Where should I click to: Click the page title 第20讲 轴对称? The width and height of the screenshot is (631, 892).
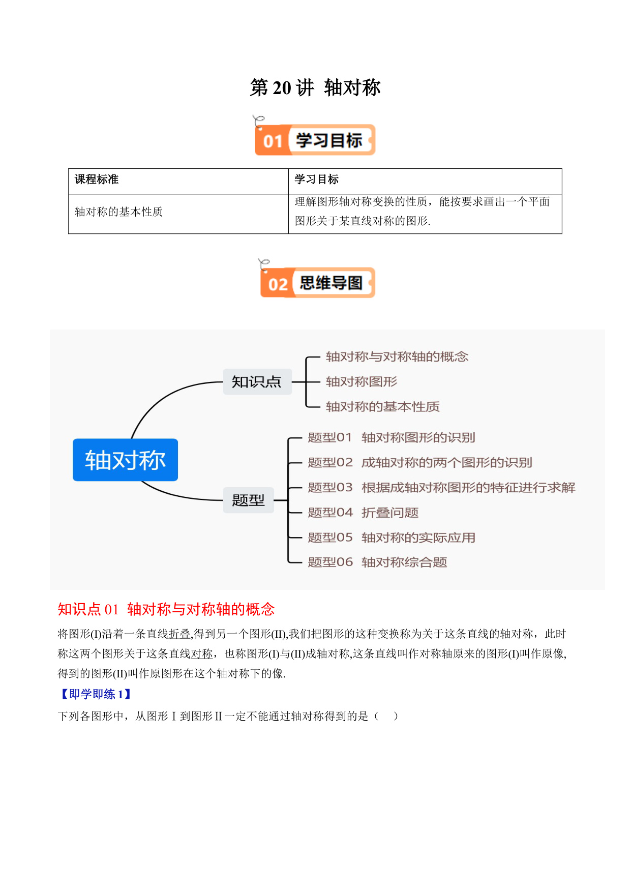[x=315, y=87]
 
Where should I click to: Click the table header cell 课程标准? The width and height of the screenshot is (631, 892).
[x=97, y=180]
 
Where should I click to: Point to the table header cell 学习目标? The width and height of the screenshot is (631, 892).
[x=317, y=180]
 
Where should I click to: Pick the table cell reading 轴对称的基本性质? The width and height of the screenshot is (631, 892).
[x=118, y=212]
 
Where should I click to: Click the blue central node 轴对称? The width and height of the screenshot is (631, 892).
[x=125, y=460]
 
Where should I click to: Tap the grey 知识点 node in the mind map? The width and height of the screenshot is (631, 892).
[x=257, y=381]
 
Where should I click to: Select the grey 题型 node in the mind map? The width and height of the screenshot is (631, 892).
[x=249, y=500]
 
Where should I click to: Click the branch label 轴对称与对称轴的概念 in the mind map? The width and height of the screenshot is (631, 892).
[x=397, y=356]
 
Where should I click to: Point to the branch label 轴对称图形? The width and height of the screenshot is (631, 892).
[x=362, y=381]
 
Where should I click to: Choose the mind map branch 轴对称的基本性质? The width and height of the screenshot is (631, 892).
[x=383, y=406]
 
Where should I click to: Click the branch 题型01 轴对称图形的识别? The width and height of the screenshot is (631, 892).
[x=392, y=437]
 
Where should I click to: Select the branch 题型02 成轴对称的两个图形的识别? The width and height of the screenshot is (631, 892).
[x=420, y=462]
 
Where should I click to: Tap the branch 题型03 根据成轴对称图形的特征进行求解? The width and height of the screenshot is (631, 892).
[x=442, y=487]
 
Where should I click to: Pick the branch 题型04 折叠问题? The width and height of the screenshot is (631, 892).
[x=363, y=512]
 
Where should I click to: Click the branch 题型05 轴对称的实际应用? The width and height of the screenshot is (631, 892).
[x=392, y=537]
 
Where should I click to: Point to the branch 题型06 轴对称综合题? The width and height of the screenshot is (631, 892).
[x=377, y=562]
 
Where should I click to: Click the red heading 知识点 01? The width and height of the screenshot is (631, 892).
[x=88, y=609]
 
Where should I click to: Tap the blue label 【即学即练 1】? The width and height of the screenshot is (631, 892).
[x=95, y=694]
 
